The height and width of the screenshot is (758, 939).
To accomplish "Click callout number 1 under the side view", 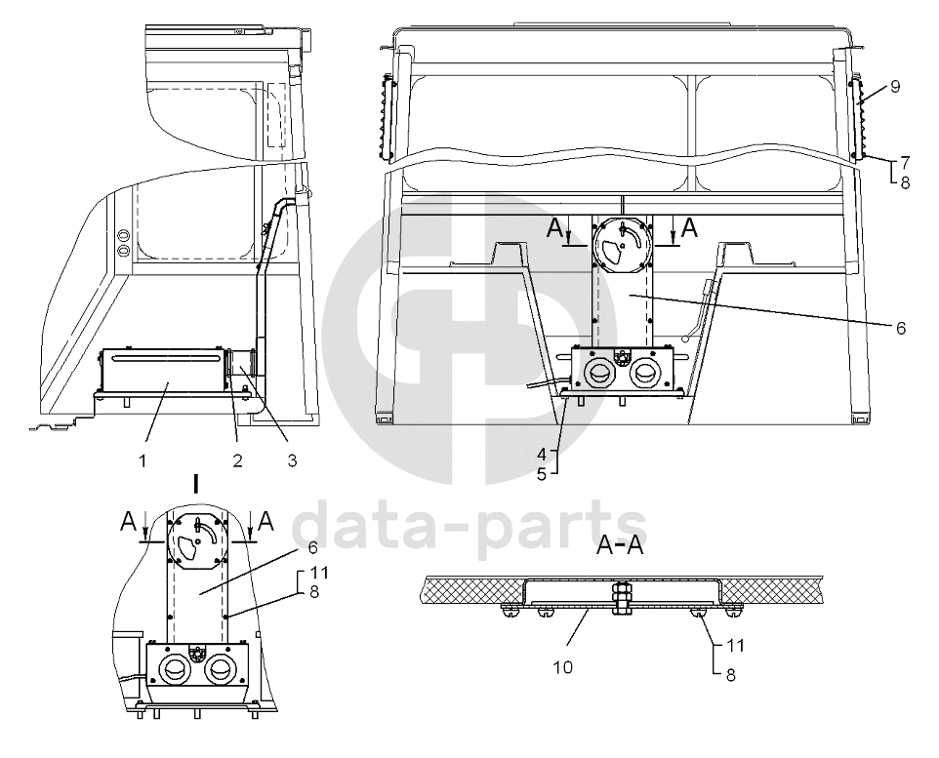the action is point(143,460).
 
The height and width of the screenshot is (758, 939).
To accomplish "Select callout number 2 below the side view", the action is point(238,460).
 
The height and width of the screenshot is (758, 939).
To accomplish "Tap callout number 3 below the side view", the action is point(292,460).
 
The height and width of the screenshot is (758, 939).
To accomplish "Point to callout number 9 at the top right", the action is point(895,87).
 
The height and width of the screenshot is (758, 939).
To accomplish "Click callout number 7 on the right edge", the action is point(904,163).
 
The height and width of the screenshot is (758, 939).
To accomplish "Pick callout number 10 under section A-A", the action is point(563,666).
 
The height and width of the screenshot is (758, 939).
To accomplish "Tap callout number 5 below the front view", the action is point(542,474).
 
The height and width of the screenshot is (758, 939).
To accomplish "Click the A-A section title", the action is point(620,545).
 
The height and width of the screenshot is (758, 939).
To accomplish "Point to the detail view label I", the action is point(196,484).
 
